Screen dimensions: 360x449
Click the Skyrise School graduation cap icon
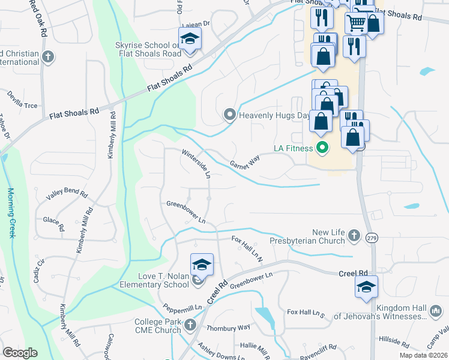[190, 40]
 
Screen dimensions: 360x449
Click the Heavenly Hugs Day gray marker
[229, 114]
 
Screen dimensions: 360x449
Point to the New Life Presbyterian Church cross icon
[354, 235]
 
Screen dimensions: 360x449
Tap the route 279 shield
[372, 238]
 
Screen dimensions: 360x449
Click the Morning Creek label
[11, 213]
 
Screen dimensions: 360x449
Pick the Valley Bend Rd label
[67, 196]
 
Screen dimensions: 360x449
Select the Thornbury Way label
[228, 328]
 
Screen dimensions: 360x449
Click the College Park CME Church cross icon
[190, 325]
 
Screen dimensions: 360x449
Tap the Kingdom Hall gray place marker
[435, 311]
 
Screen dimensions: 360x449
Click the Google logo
[20, 352]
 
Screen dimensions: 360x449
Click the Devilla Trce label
[22, 100]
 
